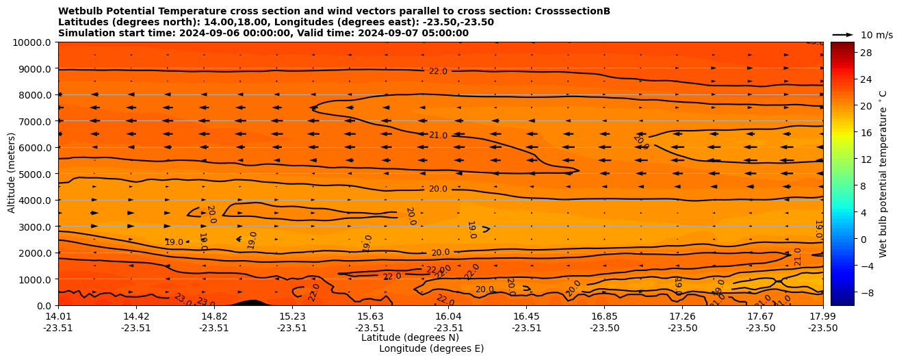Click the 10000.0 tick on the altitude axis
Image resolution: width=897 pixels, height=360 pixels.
(32, 42)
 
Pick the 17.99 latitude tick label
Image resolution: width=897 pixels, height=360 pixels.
(822, 316)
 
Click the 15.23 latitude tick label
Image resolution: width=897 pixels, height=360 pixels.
(292, 316)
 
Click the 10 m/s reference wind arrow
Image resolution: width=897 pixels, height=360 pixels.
(843, 34)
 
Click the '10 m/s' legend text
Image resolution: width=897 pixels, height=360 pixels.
(876, 35)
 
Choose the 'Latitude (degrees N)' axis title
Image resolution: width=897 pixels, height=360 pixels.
(410, 337)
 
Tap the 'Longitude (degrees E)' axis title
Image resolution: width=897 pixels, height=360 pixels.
(431, 348)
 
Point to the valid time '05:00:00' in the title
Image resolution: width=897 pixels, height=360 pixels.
(440, 33)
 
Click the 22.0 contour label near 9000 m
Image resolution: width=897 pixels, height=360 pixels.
(438, 71)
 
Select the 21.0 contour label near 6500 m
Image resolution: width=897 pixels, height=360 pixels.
(438, 136)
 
